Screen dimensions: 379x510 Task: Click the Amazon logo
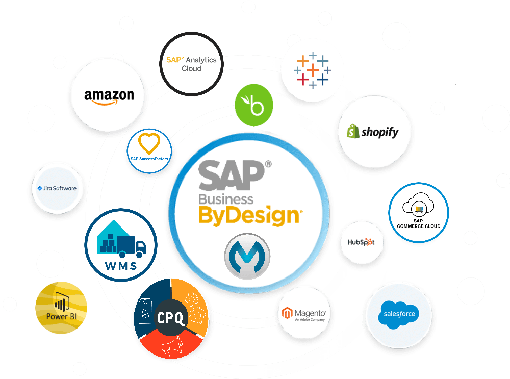pos(109,96)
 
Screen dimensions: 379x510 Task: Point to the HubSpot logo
pos(361,242)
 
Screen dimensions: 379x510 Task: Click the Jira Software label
pos(57,188)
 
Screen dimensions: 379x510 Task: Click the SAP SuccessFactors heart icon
pos(149,144)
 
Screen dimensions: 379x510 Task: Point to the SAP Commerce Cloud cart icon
pos(418,207)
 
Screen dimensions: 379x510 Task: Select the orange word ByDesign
pos(248,215)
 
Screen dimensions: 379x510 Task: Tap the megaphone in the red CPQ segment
pos(169,348)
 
